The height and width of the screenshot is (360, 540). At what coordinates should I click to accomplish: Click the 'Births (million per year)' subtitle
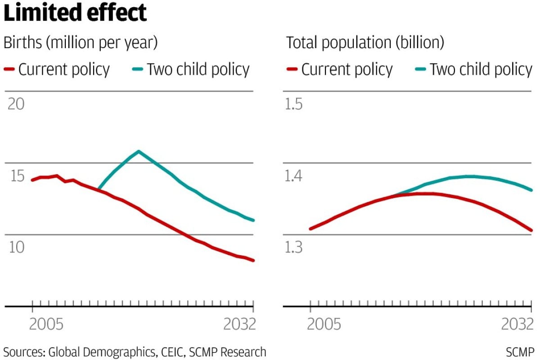tap(81, 43)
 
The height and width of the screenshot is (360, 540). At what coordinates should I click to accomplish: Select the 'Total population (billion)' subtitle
tap(365, 43)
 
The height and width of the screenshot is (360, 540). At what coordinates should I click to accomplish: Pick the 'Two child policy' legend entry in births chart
tap(191, 70)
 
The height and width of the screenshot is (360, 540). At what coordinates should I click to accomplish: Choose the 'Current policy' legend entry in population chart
tap(340, 70)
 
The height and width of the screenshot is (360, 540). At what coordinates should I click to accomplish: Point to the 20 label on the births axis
tap(16, 104)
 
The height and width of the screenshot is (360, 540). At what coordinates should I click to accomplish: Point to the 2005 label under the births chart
tap(46, 324)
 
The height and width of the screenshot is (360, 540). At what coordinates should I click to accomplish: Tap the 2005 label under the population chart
tap(324, 324)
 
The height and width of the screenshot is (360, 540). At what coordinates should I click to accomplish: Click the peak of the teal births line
tap(138, 151)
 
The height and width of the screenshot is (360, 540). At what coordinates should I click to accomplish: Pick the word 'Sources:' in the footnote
tap(24, 351)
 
